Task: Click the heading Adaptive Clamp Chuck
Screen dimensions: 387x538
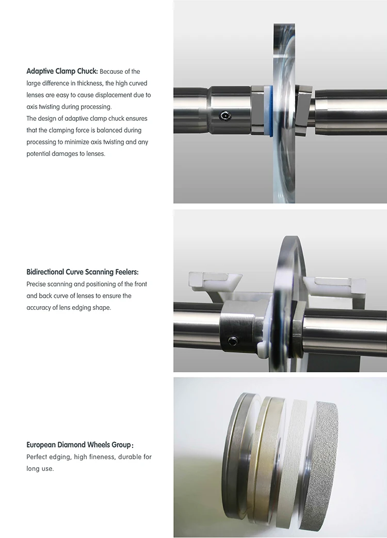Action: point(62,71)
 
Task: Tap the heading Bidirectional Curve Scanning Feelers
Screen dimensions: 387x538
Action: point(83,272)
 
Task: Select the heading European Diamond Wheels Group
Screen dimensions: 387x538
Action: point(79,445)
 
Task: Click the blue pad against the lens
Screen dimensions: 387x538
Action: point(271,110)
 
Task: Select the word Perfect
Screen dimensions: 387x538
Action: point(36,457)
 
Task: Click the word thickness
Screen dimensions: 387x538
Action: point(90,83)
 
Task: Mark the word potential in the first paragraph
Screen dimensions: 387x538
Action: point(38,154)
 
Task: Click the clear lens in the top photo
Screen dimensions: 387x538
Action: point(284,113)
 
